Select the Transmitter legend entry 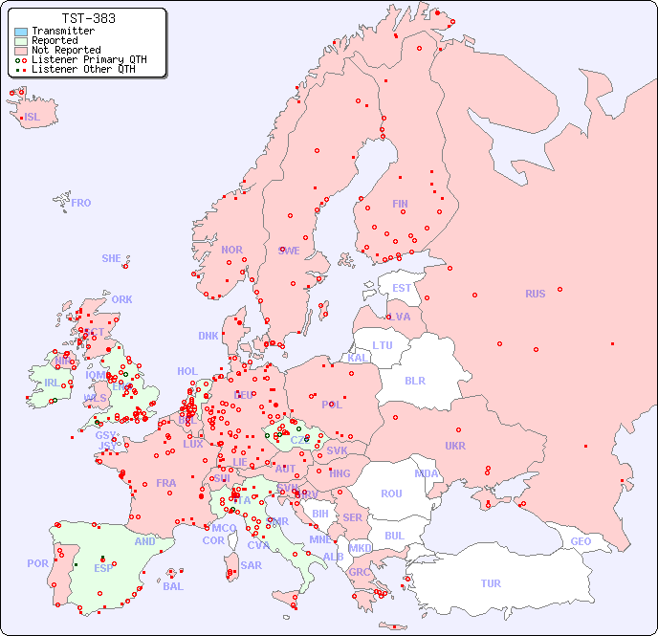[x=62, y=31]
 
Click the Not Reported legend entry [x=65, y=50]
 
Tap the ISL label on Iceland [x=33, y=118]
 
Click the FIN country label [x=400, y=204]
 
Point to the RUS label [x=535, y=294]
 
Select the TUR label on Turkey [x=491, y=583]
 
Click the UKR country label [x=455, y=446]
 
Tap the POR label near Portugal [x=37, y=563]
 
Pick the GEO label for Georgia [x=581, y=541]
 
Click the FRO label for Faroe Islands [x=81, y=203]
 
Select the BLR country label [x=414, y=380]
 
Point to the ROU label [x=391, y=493]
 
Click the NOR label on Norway [x=231, y=250]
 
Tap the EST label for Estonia [x=402, y=288]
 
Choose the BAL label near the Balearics [x=173, y=586]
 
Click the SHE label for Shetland [x=112, y=258]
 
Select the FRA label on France [x=166, y=483]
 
